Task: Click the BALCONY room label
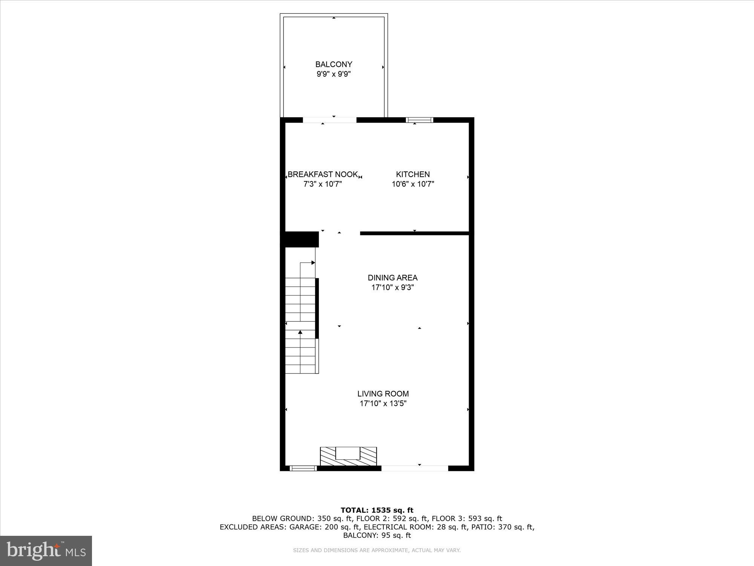[x=334, y=65]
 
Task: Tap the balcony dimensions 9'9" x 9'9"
[x=334, y=74]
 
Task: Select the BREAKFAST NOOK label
[x=323, y=174]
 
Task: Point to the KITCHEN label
[x=413, y=174]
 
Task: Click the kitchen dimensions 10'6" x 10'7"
[x=413, y=184]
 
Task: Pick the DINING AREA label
[x=392, y=278]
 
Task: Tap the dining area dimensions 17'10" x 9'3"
[x=392, y=288]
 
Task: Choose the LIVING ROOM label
[x=383, y=394]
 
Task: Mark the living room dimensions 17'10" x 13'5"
[x=383, y=404]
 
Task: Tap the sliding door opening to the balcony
[x=329, y=120]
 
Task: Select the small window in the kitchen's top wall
[x=419, y=120]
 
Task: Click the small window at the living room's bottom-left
[x=303, y=468]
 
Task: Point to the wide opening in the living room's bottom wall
[x=415, y=468]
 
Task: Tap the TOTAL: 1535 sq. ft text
[x=377, y=511]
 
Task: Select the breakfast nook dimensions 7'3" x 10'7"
[x=323, y=184]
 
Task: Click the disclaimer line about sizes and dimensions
[x=377, y=551]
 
